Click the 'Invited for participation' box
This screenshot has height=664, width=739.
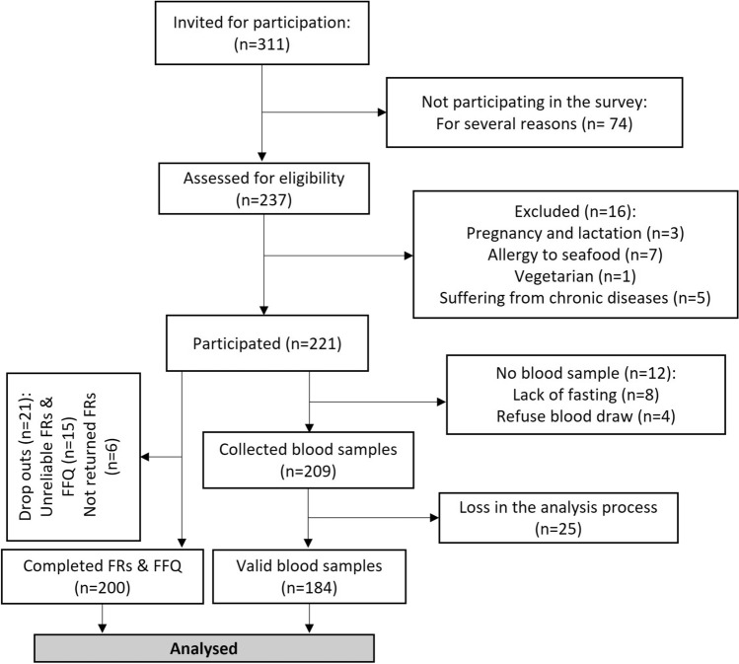coord(261,38)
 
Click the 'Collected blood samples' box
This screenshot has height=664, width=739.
coord(310,457)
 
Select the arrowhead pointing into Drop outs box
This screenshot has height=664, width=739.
coord(147,457)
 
